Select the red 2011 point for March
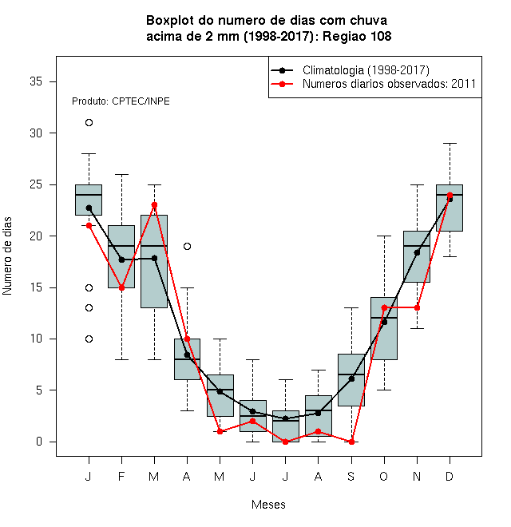[x=154, y=204]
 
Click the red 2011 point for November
[x=417, y=307]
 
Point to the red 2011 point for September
[x=351, y=442]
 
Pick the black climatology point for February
[x=121, y=260]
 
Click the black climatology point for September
[x=351, y=378]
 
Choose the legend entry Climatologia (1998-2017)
[x=366, y=70]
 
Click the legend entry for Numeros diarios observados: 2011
[x=389, y=84]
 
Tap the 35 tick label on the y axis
[x=36, y=81]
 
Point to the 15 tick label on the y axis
[x=36, y=287]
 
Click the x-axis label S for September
[x=351, y=476]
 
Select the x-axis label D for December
[x=450, y=476]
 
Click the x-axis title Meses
[x=268, y=505]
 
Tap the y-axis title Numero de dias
[x=7, y=256]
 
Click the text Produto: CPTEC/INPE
[x=121, y=101]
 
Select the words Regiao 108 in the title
[x=357, y=36]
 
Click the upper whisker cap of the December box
[x=450, y=143]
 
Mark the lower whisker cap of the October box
[x=384, y=390]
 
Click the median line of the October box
[x=384, y=318]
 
